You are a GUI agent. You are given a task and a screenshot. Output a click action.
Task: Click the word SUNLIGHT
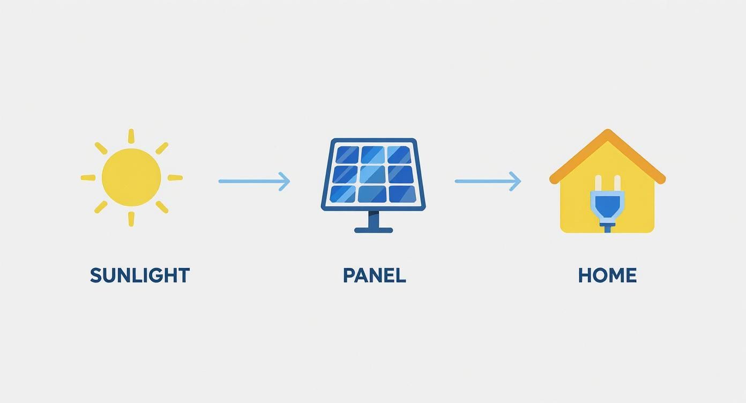coord(139,275)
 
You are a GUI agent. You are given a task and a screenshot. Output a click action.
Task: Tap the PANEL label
coord(374,275)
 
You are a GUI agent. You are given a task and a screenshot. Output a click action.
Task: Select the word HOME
coord(607,275)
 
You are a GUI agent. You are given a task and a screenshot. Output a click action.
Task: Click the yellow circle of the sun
coord(131,177)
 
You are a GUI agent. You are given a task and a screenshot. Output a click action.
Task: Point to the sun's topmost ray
coord(131,136)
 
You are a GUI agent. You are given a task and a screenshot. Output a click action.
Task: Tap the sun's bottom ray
coord(131,219)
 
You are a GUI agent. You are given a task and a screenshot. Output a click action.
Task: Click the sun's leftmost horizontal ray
coord(88,177)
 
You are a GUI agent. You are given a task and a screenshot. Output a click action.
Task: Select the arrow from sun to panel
coord(253,181)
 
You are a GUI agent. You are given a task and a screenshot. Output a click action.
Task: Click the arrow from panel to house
coord(487,181)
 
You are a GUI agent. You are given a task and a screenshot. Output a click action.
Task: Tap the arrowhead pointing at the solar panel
coord(285,181)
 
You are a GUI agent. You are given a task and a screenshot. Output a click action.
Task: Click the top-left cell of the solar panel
coord(346,155)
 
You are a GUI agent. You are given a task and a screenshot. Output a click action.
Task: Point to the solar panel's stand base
coord(374,230)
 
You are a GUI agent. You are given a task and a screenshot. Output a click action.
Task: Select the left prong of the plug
coord(599,183)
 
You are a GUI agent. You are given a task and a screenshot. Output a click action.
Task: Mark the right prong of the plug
coord(616,183)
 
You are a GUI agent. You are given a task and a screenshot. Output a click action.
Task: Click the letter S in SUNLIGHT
coord(96,275)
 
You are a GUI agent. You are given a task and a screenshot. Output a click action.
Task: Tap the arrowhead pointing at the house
coord(516,181)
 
